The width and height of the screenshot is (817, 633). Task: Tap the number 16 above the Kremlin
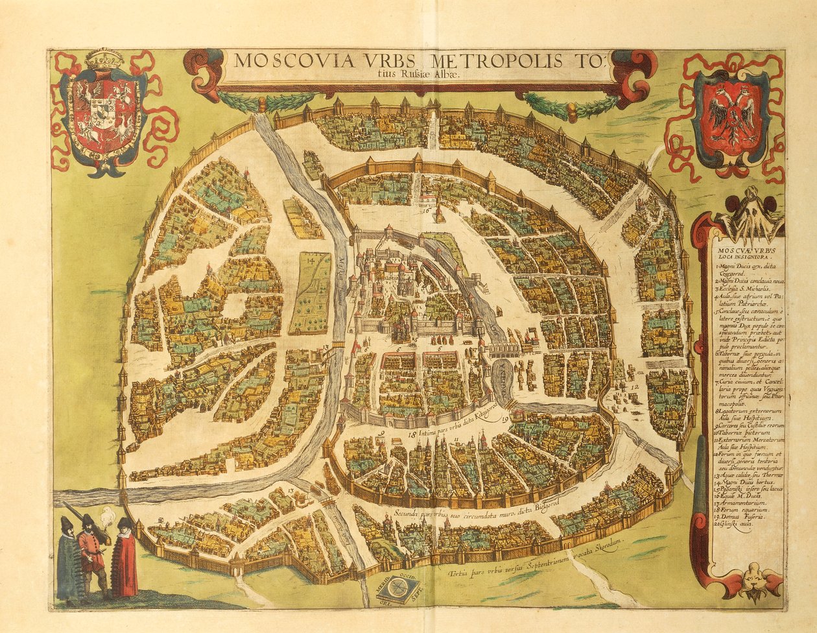[426, 209]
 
